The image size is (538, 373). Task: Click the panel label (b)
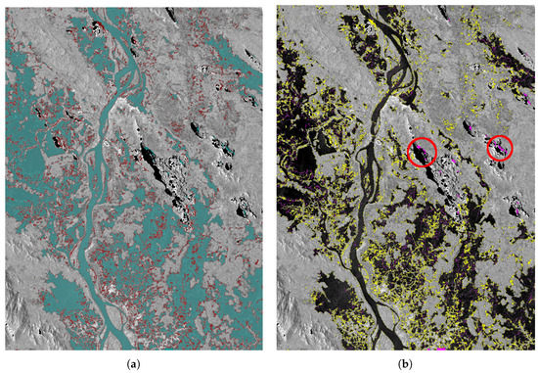(x=405, y=362)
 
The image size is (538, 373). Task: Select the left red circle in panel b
(x=421, y=152)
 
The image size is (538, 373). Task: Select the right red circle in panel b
(x=500, y=148)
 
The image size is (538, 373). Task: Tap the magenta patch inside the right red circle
(x=501, y=149)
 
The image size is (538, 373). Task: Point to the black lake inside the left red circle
(x=422, y=152)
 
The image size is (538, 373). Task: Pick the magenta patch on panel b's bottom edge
(x=441, y=349)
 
